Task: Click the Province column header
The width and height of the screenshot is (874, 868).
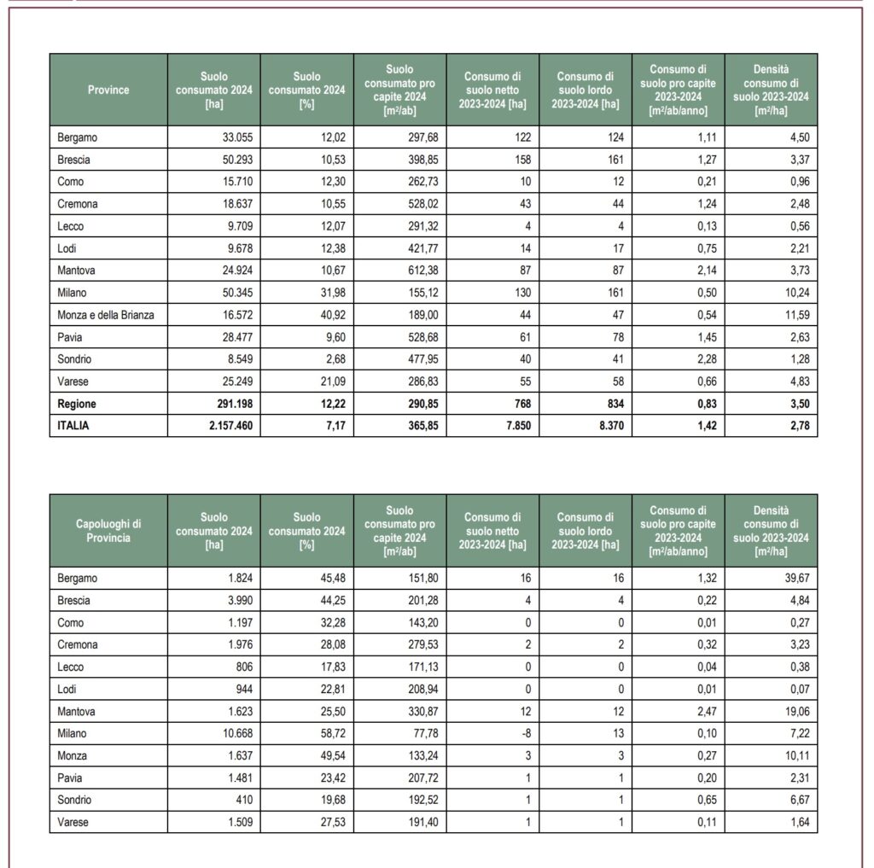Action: click(108, 90)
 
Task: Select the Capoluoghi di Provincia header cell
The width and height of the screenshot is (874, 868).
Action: click(108, 530)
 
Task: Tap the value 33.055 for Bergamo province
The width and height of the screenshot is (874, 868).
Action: click(235, 137)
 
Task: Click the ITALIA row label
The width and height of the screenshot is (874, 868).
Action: click(73, 426)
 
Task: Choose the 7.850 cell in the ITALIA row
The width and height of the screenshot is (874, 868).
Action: click(514, 426)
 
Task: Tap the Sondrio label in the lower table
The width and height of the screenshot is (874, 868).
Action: click(75, 800)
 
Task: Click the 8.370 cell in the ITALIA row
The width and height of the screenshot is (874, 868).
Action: click(607, 426)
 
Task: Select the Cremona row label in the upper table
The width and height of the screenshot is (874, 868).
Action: click(79, 204)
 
